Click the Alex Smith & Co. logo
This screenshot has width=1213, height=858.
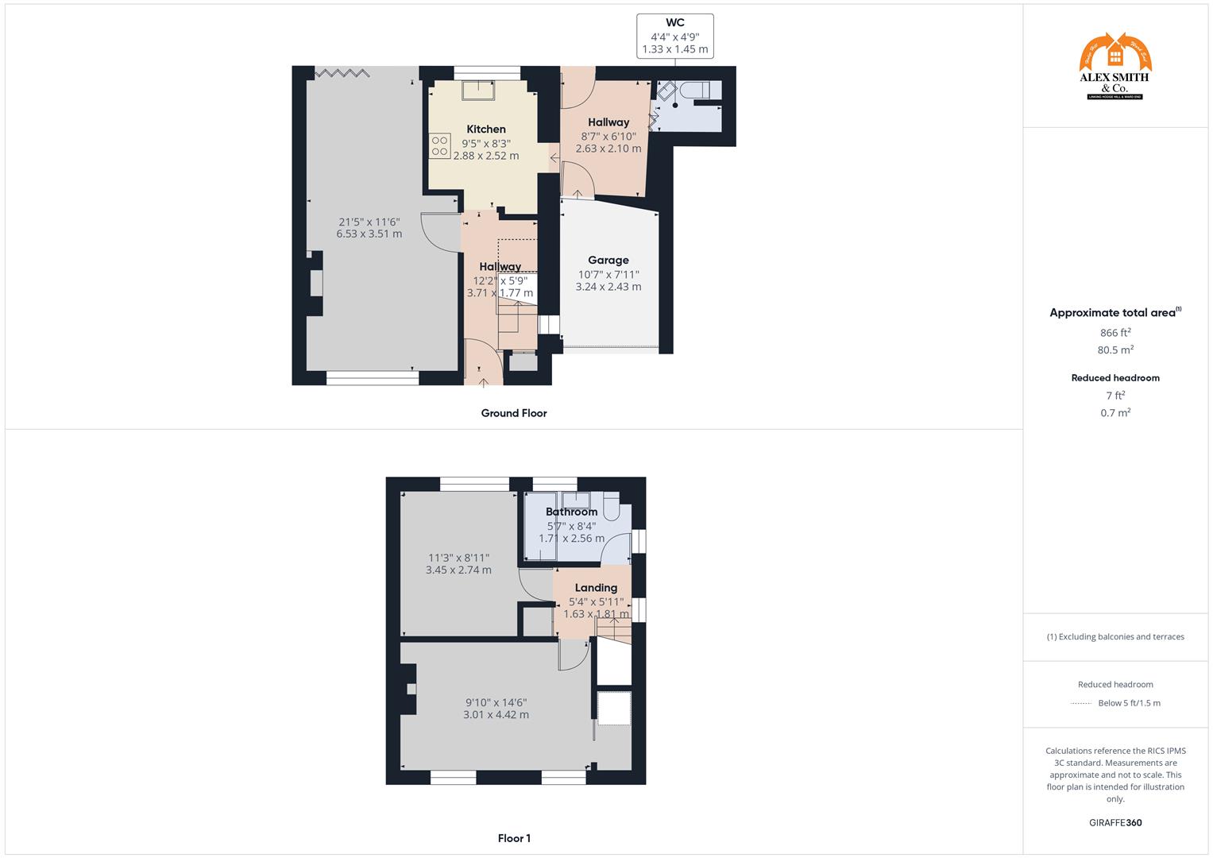pos(1115,67)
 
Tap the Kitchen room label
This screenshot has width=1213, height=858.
pos(486,129)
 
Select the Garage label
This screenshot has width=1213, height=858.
pos(608,260)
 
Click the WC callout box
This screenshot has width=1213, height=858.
pos(675,37)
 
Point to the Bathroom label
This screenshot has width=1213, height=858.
pos(571,512)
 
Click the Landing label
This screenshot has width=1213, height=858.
pos(596,588)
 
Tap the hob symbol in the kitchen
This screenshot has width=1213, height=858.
pos(440,145)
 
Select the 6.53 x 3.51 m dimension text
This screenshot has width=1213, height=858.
pos(369,234)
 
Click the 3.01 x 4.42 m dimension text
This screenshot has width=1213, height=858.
pos(496,715)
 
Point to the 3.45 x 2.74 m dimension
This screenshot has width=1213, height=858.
pos(458,570)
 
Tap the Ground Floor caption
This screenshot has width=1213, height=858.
pos(514,413)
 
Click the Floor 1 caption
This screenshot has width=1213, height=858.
pos(514,838)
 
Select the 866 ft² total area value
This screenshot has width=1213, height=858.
pos(1115,333)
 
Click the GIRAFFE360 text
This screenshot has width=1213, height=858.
pos(1115,823)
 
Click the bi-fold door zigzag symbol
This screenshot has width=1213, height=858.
pos(342,73)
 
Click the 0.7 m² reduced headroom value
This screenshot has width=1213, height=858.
pos(1115,413)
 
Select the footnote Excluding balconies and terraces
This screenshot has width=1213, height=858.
pos(1115,636)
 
